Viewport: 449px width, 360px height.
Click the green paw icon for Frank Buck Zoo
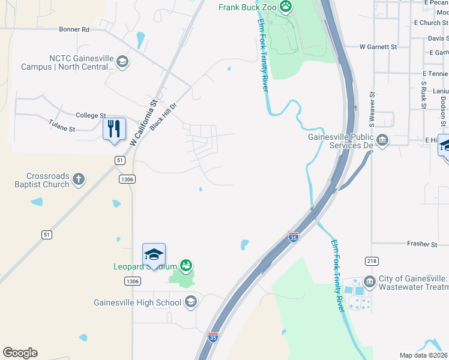tap(286, 7)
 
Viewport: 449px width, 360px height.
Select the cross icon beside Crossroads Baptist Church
tap(79, 178)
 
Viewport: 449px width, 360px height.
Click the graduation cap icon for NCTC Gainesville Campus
tap(122, 62)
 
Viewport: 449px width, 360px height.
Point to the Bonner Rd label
tap(74, 29)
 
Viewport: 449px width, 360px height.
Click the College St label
tap(91, 115)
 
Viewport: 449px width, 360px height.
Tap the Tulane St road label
tap(62, 128)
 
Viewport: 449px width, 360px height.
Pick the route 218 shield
tap(372, 260)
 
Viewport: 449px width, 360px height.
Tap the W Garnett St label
tap(378, 46)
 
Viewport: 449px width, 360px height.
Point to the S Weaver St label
tap(372, 109)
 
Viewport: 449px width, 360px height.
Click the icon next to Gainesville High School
tap(191, 302)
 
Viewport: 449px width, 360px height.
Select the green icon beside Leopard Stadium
tap(186, 265)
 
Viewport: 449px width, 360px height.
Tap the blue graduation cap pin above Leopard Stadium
tap(154, 254)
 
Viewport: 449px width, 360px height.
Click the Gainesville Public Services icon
tap(383, 140)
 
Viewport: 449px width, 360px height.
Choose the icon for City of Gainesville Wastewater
tap(369, 280)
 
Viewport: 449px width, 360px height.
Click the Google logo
tap(20, 353)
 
